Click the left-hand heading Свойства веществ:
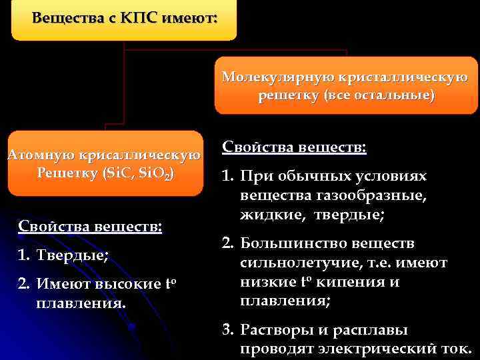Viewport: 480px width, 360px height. pyautogui.click(x=90, y=226)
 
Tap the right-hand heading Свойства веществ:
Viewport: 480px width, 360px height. pyautogui.click(x=294, y=147)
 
